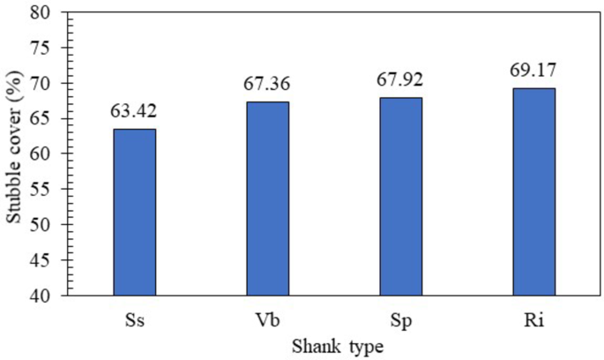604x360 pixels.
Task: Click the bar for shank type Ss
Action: [135, 212]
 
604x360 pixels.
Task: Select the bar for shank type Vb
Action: [268, 199]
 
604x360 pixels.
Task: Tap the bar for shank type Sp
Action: [401, 196]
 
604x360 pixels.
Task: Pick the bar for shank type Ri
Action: [534, 191]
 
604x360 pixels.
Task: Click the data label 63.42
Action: [135, 114]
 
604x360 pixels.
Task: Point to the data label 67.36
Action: [268, 85]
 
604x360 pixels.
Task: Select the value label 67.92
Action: [401, 81]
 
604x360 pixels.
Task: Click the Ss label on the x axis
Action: [135, 318]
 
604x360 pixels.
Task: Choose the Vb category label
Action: [268, 318]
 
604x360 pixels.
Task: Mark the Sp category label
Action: [401, 318]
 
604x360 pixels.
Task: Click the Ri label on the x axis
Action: [534, 318]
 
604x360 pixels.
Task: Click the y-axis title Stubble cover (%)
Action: [15, 154]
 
